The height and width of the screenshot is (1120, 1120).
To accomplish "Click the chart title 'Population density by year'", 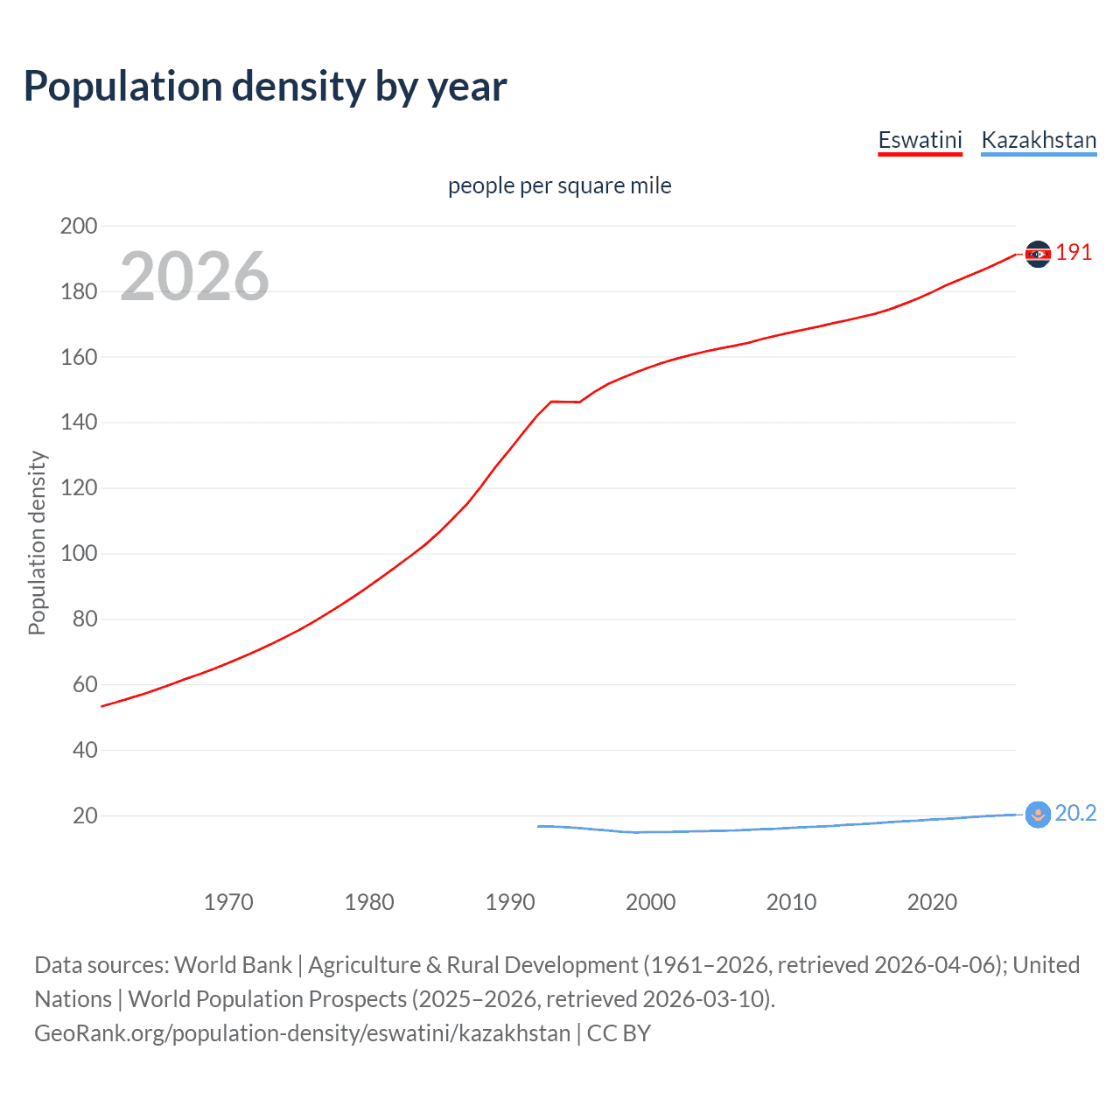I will pos(265,87).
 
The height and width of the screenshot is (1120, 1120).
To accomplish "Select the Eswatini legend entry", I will pos(920,140).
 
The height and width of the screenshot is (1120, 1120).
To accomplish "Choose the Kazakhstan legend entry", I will pos(1039,140).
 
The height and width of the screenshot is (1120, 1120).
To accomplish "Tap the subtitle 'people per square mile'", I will pos(559,185).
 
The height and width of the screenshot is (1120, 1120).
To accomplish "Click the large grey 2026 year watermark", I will pos(194,276).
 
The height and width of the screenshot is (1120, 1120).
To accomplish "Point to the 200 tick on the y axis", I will pos(79,226).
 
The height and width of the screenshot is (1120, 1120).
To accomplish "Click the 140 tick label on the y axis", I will pos(79,423).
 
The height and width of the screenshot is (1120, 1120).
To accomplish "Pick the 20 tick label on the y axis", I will pos(85,815).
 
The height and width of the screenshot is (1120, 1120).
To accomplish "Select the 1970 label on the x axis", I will pos(228,902).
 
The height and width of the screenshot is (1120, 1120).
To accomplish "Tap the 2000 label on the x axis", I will pos(650,902).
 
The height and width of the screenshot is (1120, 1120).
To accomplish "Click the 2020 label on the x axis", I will pos(932,902).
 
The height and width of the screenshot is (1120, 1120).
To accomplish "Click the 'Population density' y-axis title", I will pos(37,542).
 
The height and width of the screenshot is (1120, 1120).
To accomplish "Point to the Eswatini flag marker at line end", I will pos(1038,254).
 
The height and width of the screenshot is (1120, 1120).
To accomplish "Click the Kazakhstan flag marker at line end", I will pos(1038,815).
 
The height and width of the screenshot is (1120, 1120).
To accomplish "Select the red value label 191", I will pos(1074,253).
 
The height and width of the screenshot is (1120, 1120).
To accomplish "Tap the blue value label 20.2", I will pos(1075,814).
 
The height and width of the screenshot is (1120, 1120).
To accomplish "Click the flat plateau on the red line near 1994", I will pos(564,402).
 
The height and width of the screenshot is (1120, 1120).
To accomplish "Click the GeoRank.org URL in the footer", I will pos(302,1033).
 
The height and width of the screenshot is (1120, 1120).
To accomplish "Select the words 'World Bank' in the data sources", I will pos(233,965).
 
